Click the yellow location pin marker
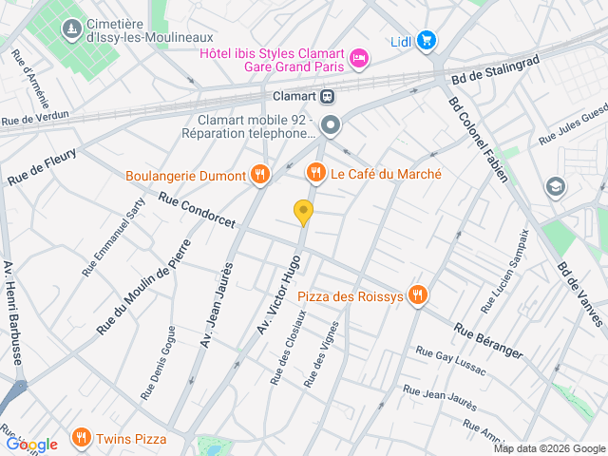303,213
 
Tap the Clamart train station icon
327,96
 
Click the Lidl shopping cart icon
427,40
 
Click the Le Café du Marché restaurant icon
314,173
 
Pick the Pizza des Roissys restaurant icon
417,295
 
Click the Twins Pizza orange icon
83,438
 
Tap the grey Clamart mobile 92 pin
330,125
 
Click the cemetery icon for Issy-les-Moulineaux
71,30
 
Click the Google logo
31,444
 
